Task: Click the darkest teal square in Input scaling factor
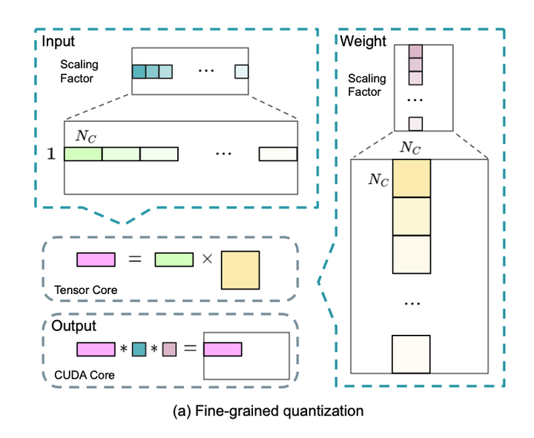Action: [x=139, y=72]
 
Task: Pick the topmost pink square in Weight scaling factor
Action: [x=415, y=50]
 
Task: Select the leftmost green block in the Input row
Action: [x=83, y=154]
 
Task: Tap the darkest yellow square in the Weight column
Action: [x=411, y=177]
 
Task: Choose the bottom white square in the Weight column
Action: [x=411, y=355]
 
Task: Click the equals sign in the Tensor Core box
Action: [x=134, y=260]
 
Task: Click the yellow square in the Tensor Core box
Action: [x=240, y=269]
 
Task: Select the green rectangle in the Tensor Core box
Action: [x=174, y=260]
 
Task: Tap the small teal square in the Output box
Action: [x=139, y=348]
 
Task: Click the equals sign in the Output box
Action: [x=188, y=348]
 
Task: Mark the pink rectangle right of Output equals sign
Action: [x=222, y=348]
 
